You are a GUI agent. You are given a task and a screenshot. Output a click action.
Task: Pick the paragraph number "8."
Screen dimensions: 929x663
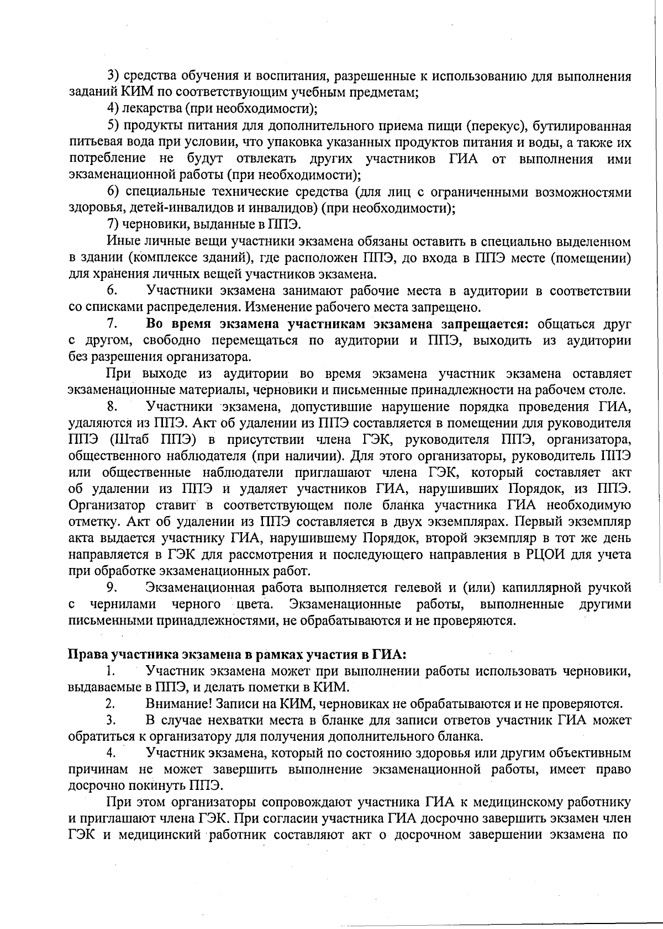(x=113, y=407)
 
